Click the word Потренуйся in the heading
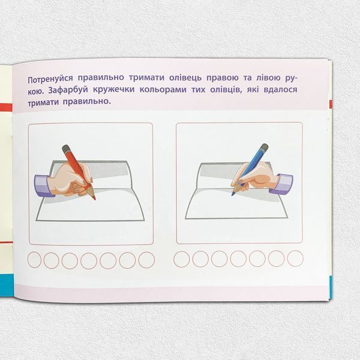click(x=50, y=79)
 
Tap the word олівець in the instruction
click(x=185, y=78)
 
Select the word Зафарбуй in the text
click(x=68, y=90)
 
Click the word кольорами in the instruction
click(x=163, y=89)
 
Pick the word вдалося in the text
click(x=280, y=89)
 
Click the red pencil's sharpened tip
click(x=95, y=199)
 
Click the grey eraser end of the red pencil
click(x=66, y=148)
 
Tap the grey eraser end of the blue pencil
click(x=265, y=147)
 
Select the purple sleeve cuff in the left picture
click(x=43, y=186)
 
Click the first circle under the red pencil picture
click(x=34, y=260)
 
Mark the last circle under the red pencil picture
click(x=146, y=260)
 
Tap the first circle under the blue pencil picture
click(x=182, y=259)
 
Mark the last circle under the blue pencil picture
click(x=295, y=259)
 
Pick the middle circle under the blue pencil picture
click(x=238, y=259)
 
